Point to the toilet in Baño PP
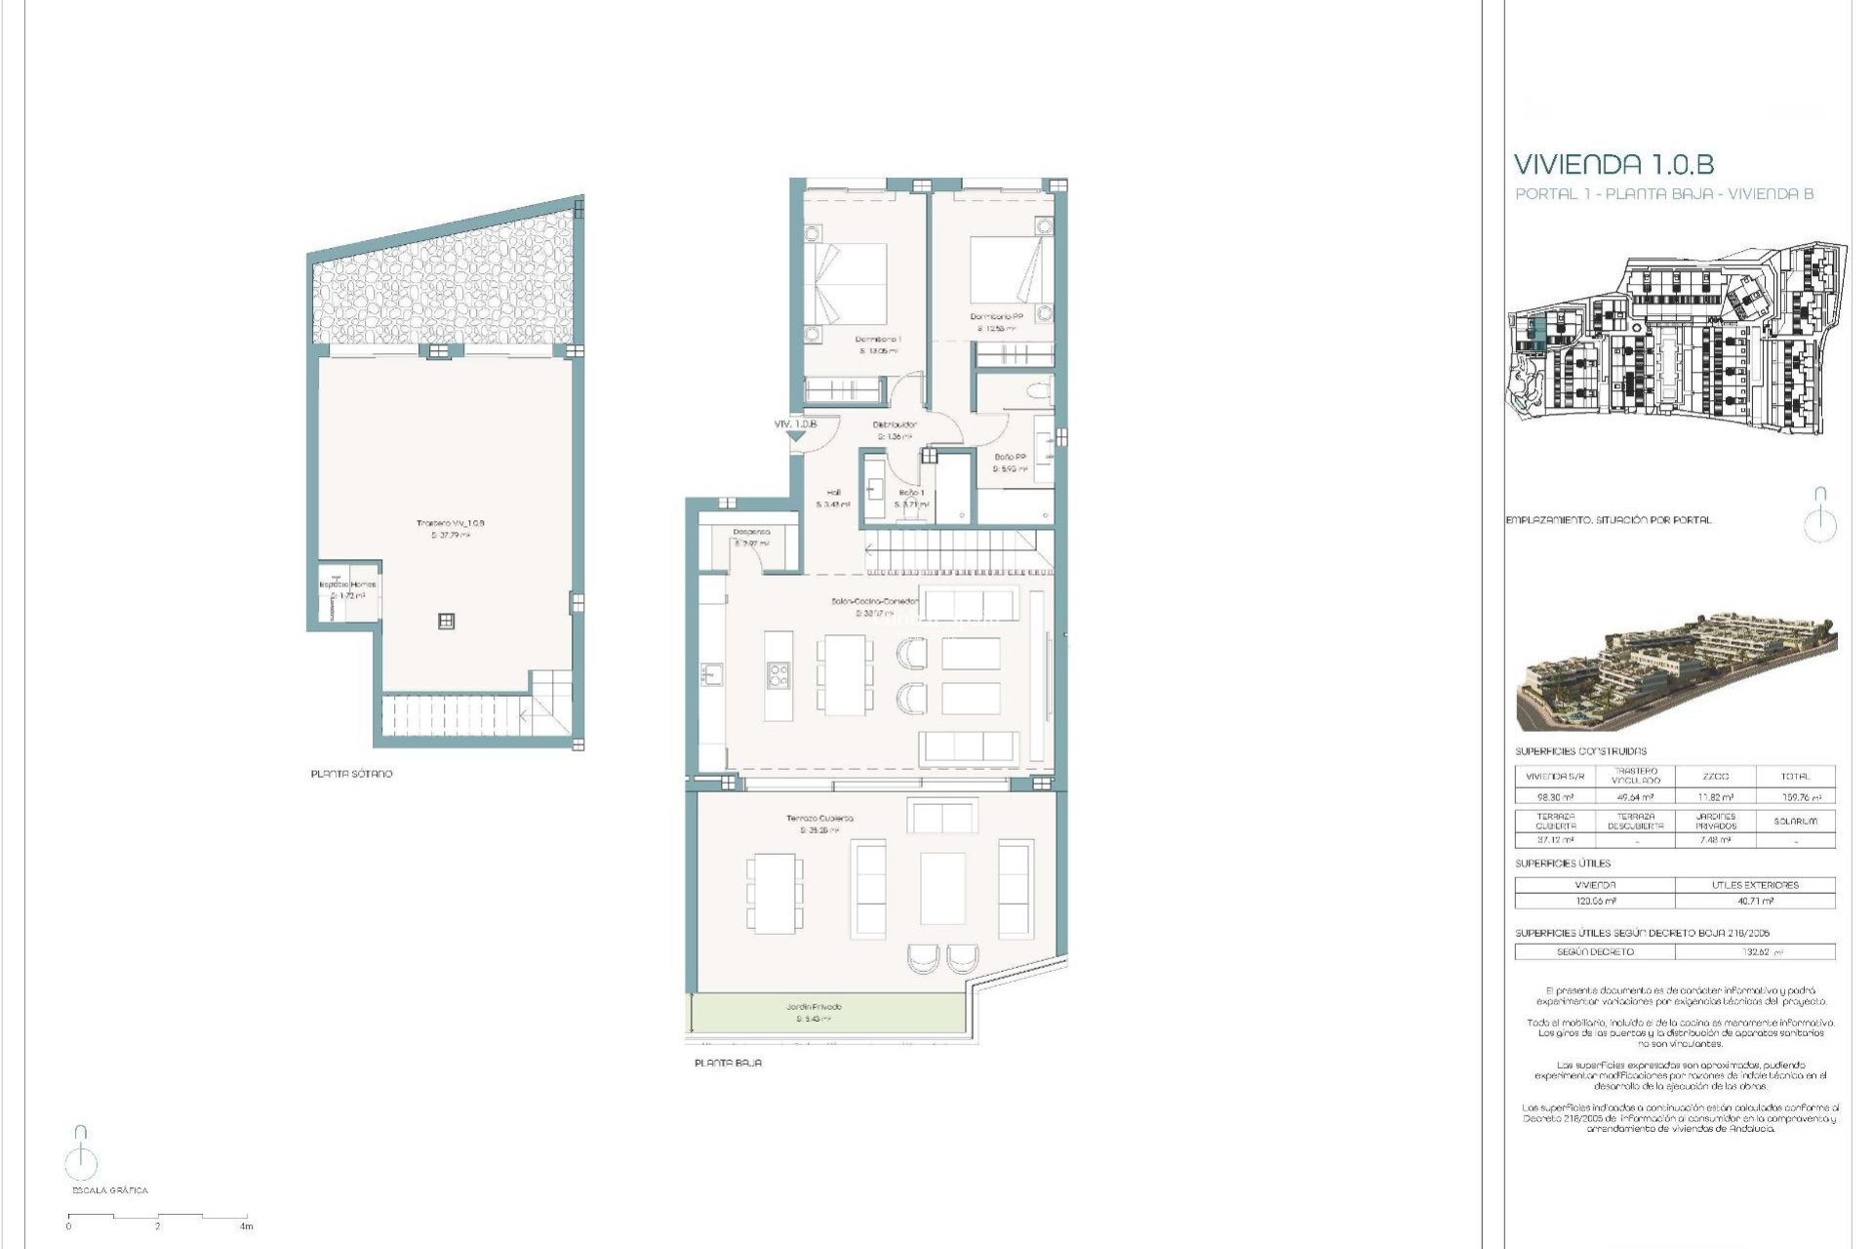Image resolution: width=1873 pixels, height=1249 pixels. tap(1038, 392)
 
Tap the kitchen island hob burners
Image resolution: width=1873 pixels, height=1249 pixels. tap(777, 675)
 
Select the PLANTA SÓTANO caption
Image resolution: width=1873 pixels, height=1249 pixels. tap(351, 774)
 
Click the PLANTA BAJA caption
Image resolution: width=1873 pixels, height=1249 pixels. tap(728, 1063)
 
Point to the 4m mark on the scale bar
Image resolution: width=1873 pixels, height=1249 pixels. tap(247, 1226)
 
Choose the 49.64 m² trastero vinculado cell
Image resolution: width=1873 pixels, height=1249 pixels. tap(1635, 797)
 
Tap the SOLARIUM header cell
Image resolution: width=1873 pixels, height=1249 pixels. tap(1795, 822)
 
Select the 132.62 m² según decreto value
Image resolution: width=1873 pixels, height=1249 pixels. tap(1754, 951)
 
